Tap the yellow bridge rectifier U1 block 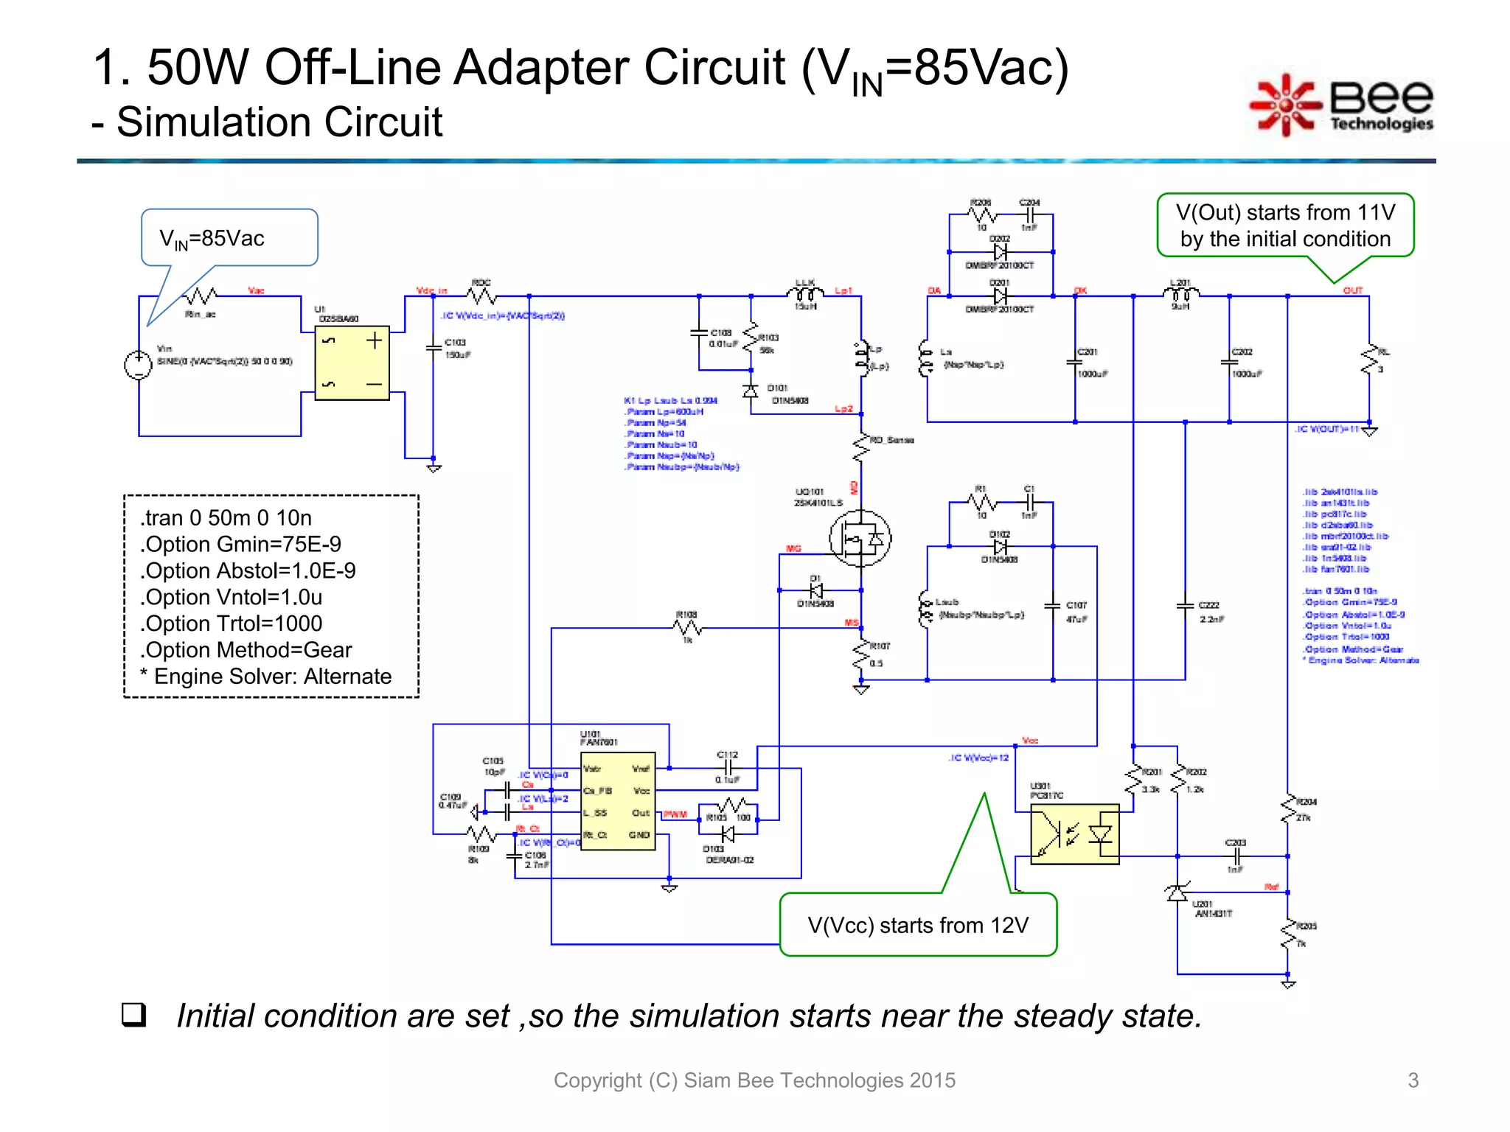click(352, 363)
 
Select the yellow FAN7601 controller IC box click(617, 801)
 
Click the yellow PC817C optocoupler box click(1074, 834)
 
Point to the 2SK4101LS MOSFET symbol click(860, 538)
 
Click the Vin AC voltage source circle click(139, 365)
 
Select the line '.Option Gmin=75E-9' click(240, 545)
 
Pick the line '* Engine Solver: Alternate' click(265, 677)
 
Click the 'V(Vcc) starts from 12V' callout click(918, 925)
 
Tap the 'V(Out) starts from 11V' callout click(1285, 226)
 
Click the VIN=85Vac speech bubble click(229, 238)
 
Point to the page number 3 click(1413, 1080)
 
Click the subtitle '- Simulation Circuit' click(267, 122)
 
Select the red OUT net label click(1353, 290)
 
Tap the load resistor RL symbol click(1370, 359)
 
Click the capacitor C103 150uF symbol click(434, 348)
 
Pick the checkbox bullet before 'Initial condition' click(133, 1016)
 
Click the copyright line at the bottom click(754, 1080)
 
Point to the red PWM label click(675, 814)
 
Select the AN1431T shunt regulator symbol click(1177, 893)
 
